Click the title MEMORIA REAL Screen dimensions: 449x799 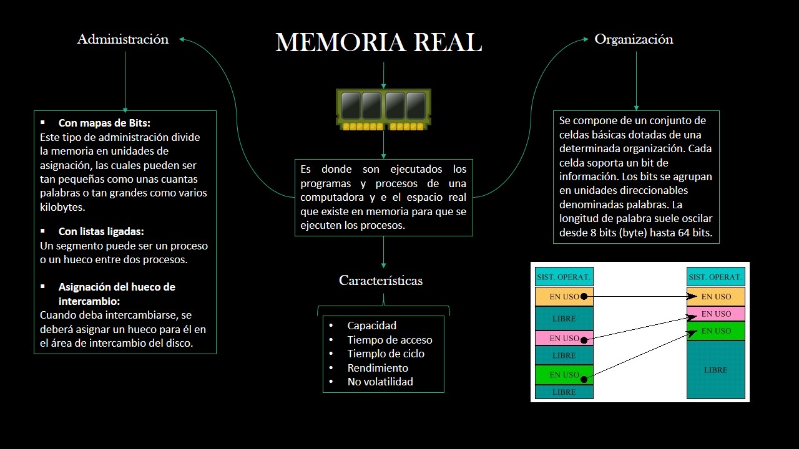coord(378,43)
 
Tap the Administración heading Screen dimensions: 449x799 coord(123,39)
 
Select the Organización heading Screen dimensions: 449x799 coord(634,39)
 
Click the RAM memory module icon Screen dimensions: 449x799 coord(383,109)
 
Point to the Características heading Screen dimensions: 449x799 coord(381,281)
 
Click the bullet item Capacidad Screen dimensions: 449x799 coord(371,326)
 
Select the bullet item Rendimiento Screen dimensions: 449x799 coord(378,368)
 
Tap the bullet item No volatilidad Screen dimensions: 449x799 coord(380,382)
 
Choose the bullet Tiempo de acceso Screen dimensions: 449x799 coord(390,340)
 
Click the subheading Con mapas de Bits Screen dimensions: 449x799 coord(104,123)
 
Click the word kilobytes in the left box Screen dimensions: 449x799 coord(62,207)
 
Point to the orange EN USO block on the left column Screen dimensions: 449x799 coord(564,297)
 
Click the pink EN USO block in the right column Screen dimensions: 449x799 coord(716,314)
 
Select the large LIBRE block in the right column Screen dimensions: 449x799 coord(716,370)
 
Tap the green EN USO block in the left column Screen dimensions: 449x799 coord(564,375)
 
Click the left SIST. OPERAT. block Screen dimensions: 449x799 coord(564,277)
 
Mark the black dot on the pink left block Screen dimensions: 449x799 coord(584,340)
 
